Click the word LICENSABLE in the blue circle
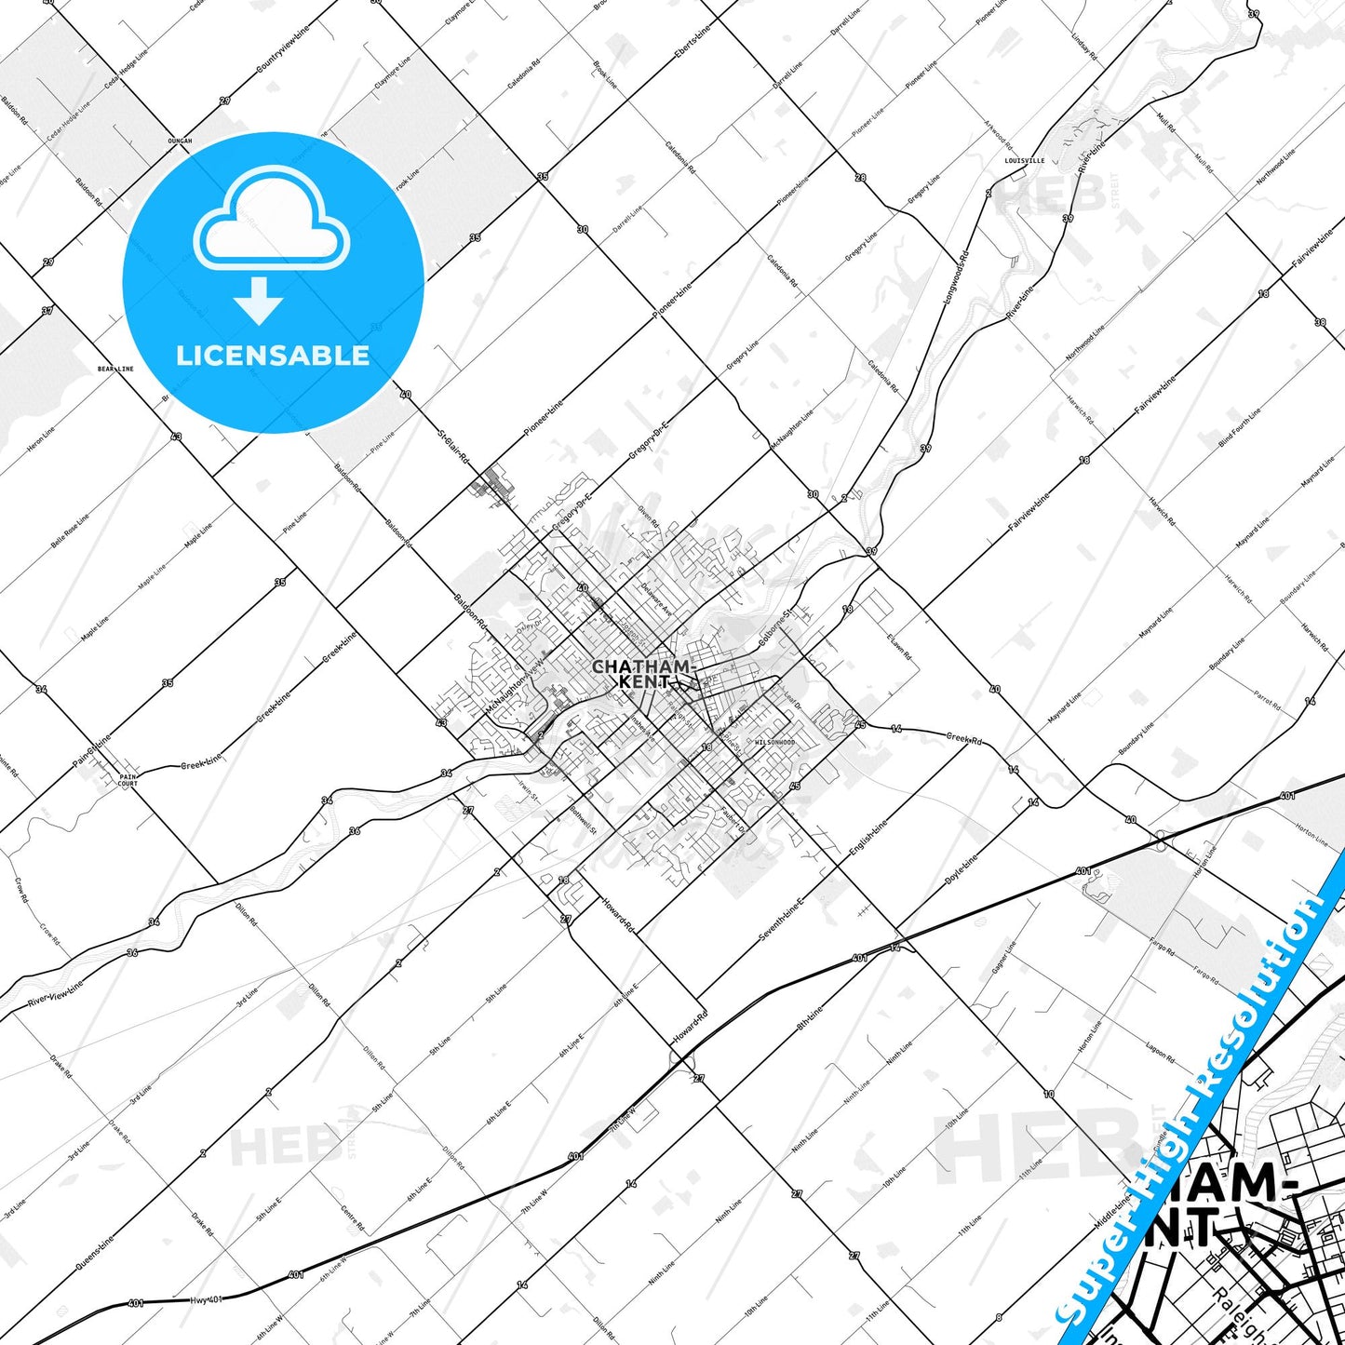point(273,356)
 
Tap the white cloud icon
point(272,223)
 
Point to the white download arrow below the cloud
point(259,301)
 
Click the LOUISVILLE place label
point(1024,160)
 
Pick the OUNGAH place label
point(179,141)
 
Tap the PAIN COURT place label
point(128,780)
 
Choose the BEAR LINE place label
point(115,369)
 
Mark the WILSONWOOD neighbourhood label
point(774,742)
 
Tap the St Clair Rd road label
point(453,445)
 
